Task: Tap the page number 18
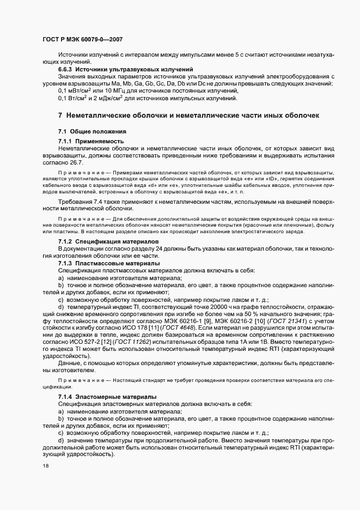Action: pyautogui.click(x=45, y=466)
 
